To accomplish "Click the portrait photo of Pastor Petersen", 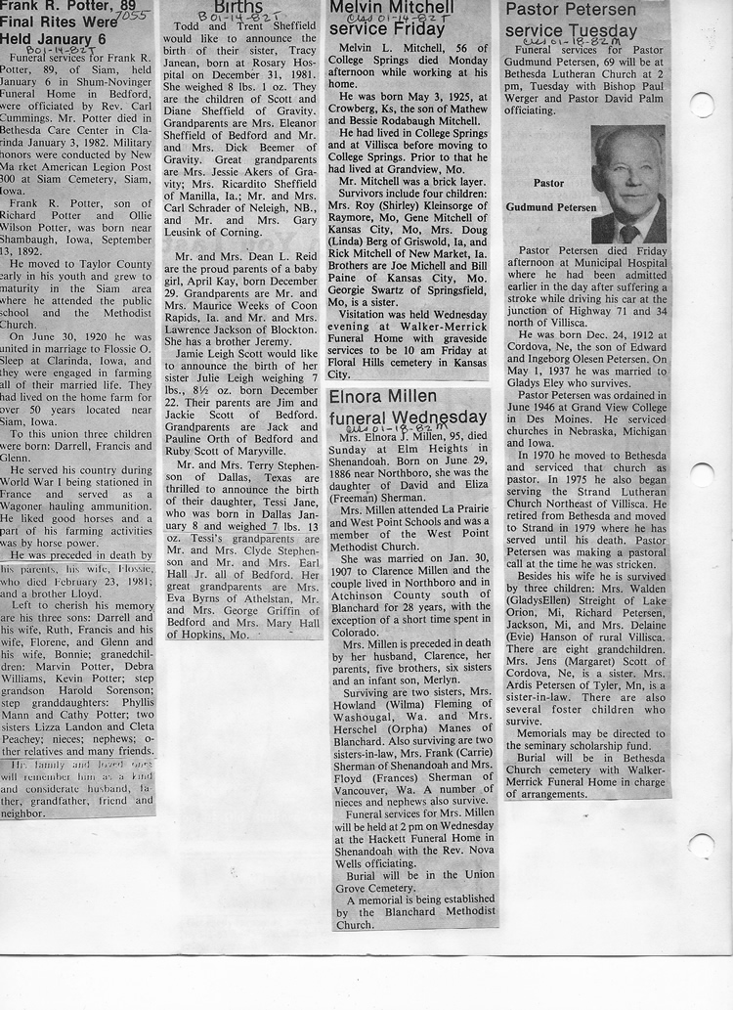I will pos(627,185).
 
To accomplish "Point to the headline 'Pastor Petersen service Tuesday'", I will pos(570,21).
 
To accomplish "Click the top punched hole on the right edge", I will pos(702,105).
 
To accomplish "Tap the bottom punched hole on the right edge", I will pos(701,845).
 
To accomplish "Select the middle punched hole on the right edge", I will pos(702,475).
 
